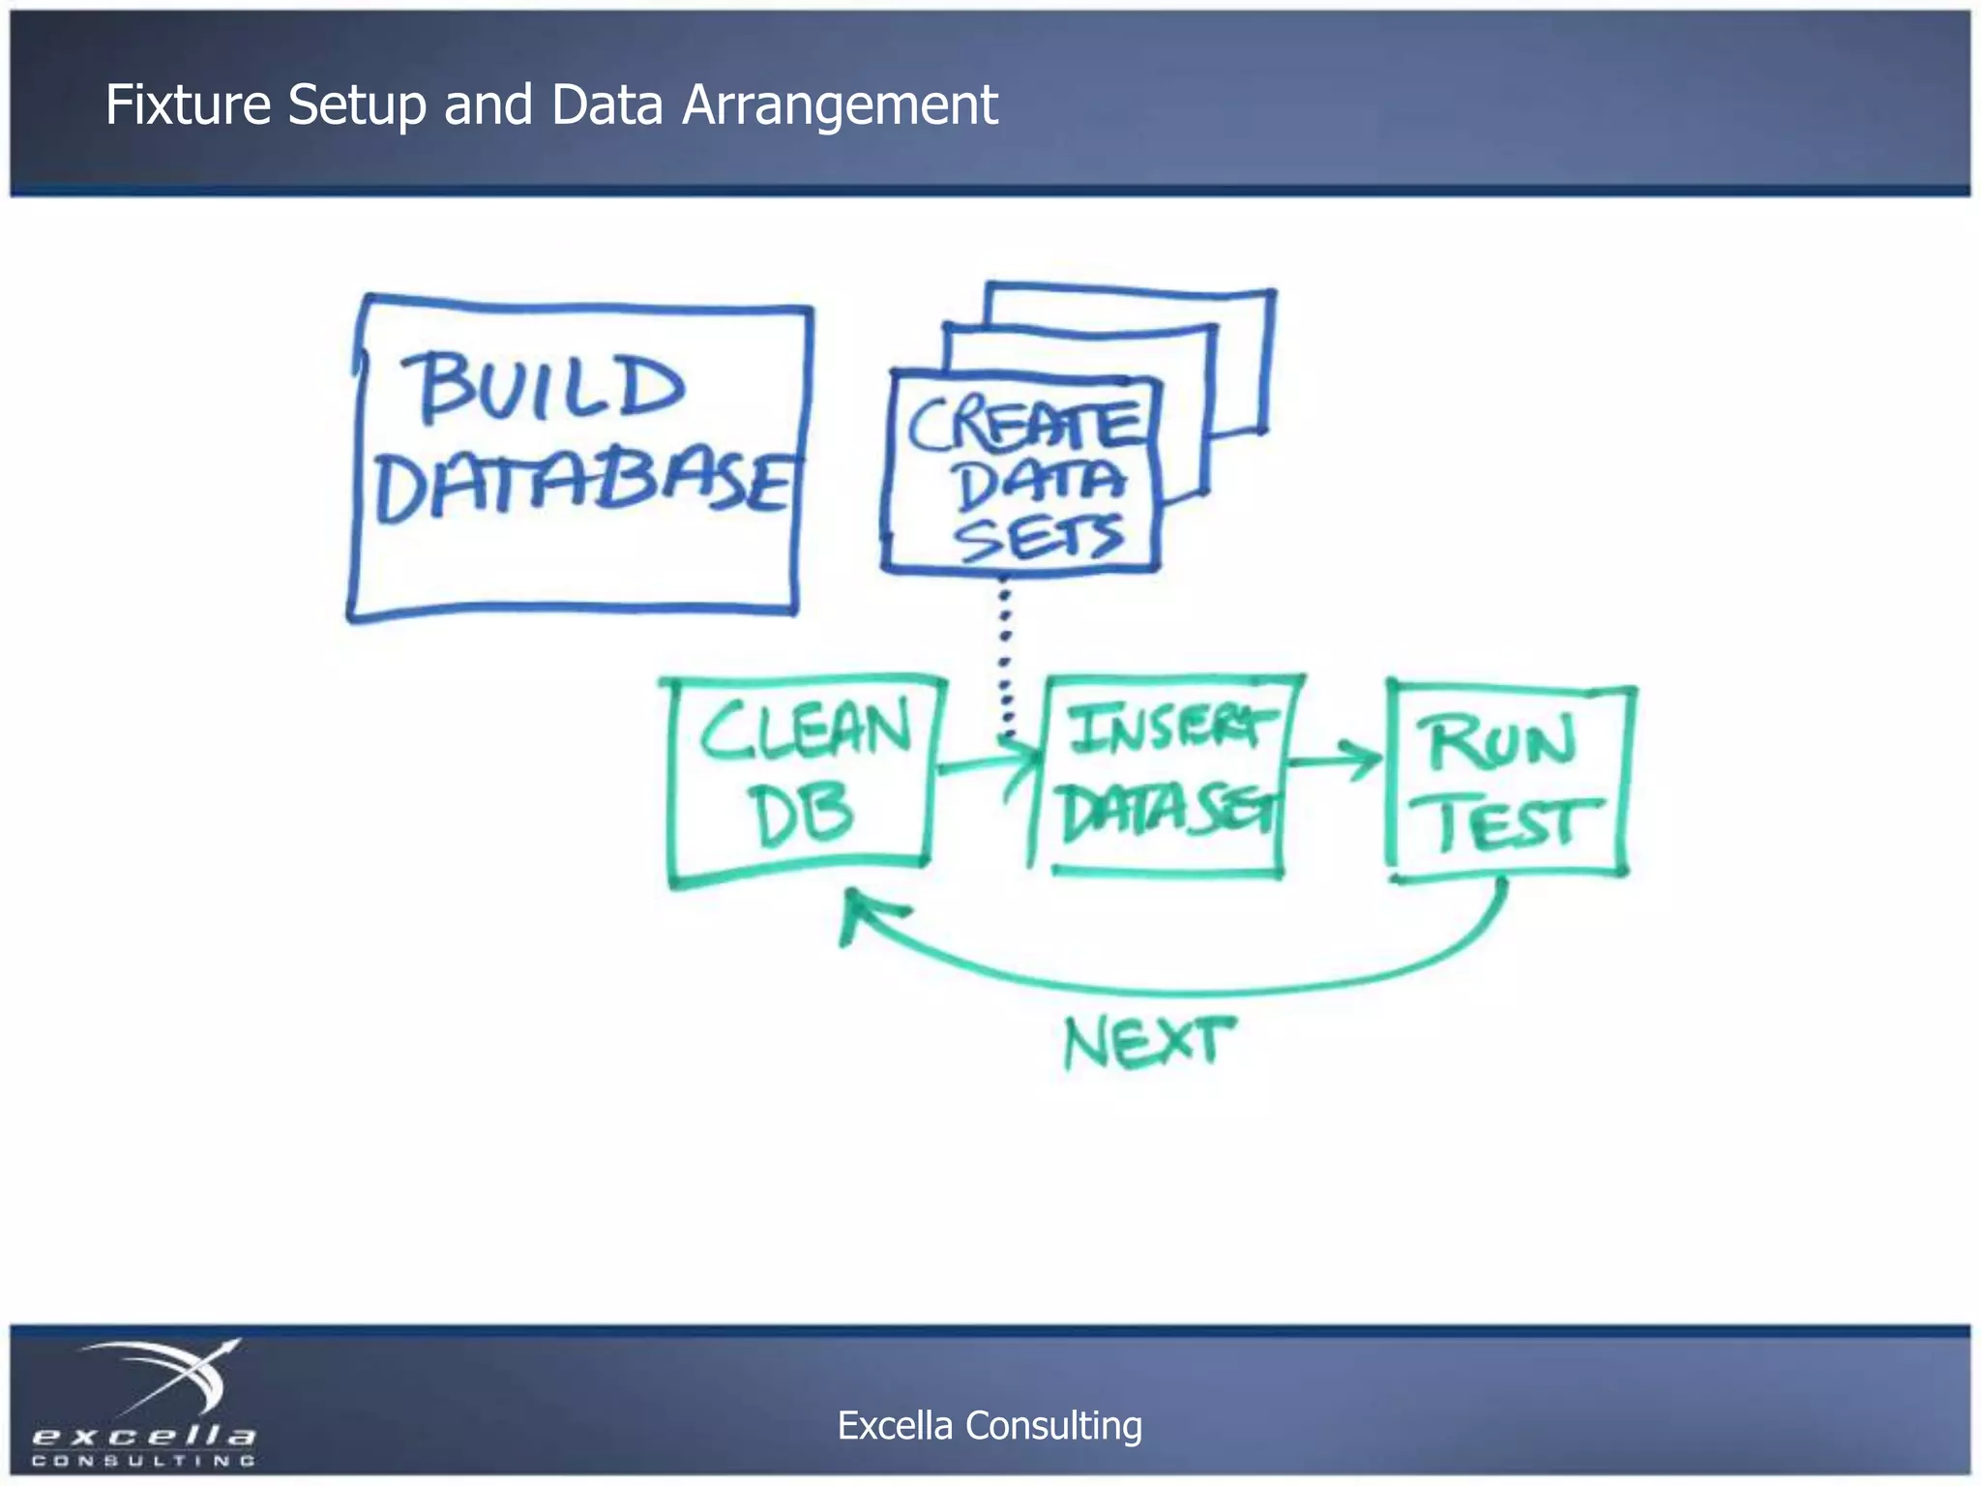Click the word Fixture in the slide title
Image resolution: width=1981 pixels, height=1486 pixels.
point(187,104)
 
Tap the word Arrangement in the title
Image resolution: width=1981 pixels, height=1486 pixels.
point(840,106)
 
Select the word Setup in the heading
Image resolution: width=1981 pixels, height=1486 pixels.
point(357,106)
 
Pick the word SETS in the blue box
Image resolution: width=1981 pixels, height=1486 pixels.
point(1040,538)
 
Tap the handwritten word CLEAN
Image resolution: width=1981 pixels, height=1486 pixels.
point(806,730)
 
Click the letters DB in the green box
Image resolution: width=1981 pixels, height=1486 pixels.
point(802,815)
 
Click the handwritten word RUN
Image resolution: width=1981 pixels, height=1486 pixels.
point(1501,743)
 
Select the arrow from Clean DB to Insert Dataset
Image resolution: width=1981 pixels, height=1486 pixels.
point(987,764)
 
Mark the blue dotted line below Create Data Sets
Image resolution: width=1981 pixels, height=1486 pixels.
point(1005,658)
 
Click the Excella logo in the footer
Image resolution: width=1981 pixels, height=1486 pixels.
point(145,1403)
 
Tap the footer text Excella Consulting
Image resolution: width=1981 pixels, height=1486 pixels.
point(990,1426)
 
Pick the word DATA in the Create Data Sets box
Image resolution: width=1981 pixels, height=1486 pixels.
point(1040,484)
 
